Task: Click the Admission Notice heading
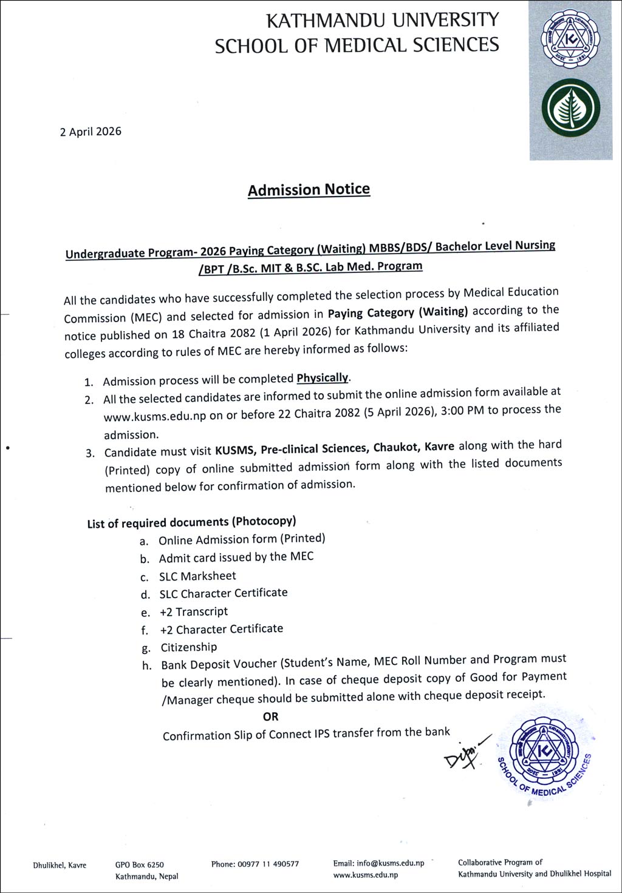(309, 190)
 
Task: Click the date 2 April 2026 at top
(91, 132)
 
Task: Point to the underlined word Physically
(323, 378)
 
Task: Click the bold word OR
(271, 716)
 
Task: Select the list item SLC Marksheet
(197, 576)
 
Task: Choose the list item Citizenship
(188, 647)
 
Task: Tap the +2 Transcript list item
(194, 612)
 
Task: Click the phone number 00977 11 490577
(255, 864)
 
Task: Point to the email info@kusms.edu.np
(378, 863)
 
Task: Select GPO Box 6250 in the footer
(139, 865)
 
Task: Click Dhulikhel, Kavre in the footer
(60, 866)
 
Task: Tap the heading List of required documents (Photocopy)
(191, 522)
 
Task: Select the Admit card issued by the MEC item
(236, 558)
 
